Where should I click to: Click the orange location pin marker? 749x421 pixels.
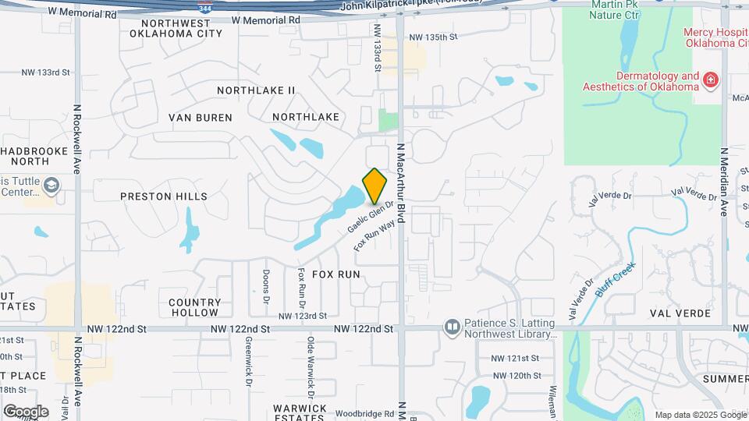pyautogui.click(x=374, y=186)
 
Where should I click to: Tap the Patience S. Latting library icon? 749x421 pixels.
pyautogui.click(x=452, y=327)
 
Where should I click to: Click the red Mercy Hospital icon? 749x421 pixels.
pyautogui.click(x=710, y=80)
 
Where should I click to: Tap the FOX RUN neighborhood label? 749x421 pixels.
pyautogui.click(x=336, y=274)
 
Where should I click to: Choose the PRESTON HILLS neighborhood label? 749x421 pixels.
pyautogui.click(x=164, y=196)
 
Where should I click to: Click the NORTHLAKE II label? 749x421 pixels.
pyautogui.click(x=256, y=90)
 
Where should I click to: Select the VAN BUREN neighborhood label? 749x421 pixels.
pyautogui.click(x=201, y=118)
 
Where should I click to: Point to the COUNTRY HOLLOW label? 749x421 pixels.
pyautogui.click(x=194, y=307)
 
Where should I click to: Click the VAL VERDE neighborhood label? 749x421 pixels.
pyautogui.click(x=680, y=313)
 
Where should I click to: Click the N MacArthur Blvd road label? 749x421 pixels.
pyautogui.click(x=401, y=184)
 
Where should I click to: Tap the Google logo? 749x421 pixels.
pyautogui.click(x=26, y=411)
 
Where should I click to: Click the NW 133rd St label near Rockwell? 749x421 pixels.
pyautogui.click(x=46, y=73)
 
